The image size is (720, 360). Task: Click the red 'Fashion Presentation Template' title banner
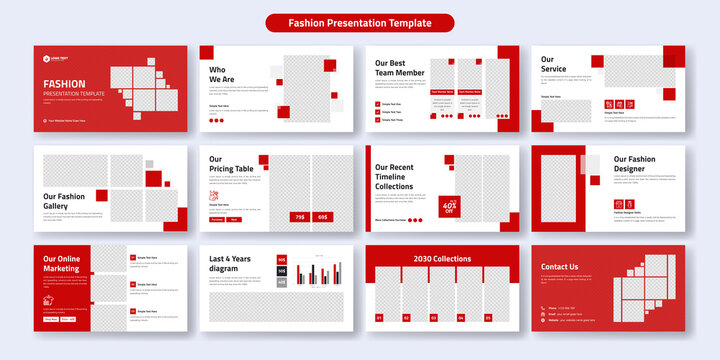coord(360,22)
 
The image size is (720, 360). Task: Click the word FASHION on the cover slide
coord(64,84)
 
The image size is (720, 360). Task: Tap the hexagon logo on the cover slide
coord(46,59)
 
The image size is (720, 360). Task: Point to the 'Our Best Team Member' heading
coord(400,67)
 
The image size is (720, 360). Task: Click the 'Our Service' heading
coord(554,64)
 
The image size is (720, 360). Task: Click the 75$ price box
coord(298,216)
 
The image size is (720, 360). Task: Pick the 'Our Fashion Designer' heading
coord(634,164)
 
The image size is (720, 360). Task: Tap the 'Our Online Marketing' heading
coord(62,265)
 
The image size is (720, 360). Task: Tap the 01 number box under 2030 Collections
coord(380,318)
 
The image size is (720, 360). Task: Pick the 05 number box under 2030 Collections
coord(488,318)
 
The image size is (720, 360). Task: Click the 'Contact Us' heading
coord(560,267)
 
